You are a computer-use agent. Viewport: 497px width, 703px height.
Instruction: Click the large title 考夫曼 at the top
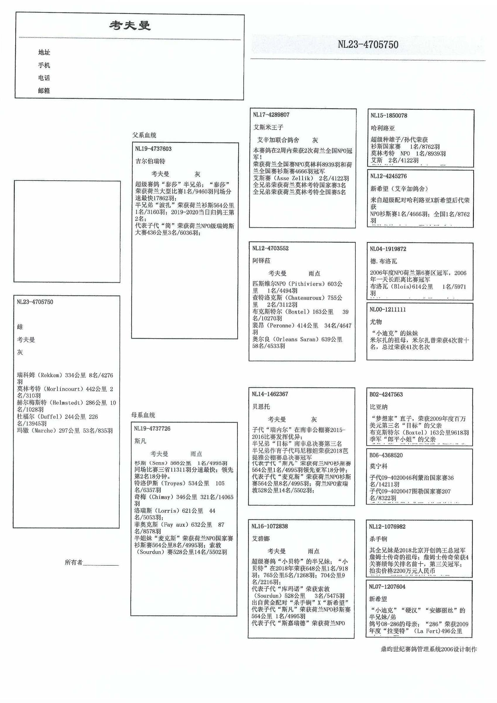coord(130,25)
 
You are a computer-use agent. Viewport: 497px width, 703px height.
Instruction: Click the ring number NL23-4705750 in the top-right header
coord(368,45)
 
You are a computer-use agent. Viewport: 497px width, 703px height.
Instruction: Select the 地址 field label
coord(44,52)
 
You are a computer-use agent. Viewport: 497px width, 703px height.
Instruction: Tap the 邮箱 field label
coord(44,91)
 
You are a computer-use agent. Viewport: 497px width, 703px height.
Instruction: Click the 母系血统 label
coord(143,415)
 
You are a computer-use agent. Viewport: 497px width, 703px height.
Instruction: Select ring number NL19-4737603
coord(153,149)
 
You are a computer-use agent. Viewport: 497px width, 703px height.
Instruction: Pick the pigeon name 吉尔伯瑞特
coord(150,161)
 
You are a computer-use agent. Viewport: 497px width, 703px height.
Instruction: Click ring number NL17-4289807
coord(271,115)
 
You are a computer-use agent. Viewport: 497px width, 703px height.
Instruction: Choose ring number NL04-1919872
coord(388,249)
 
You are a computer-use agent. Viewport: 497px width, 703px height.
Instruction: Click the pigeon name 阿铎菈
coord(261,261)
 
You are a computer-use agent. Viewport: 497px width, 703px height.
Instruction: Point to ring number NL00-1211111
coord(388,309)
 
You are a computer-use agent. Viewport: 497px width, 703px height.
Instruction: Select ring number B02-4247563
coord(386,394)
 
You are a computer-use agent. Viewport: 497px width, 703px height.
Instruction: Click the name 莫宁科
coord(378,466)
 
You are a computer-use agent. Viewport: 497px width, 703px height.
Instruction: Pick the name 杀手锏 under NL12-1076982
coord(378,539)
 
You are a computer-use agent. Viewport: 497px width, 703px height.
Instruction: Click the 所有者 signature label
coord(74,562)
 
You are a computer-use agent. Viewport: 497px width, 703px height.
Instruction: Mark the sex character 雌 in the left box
coord(20,327)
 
